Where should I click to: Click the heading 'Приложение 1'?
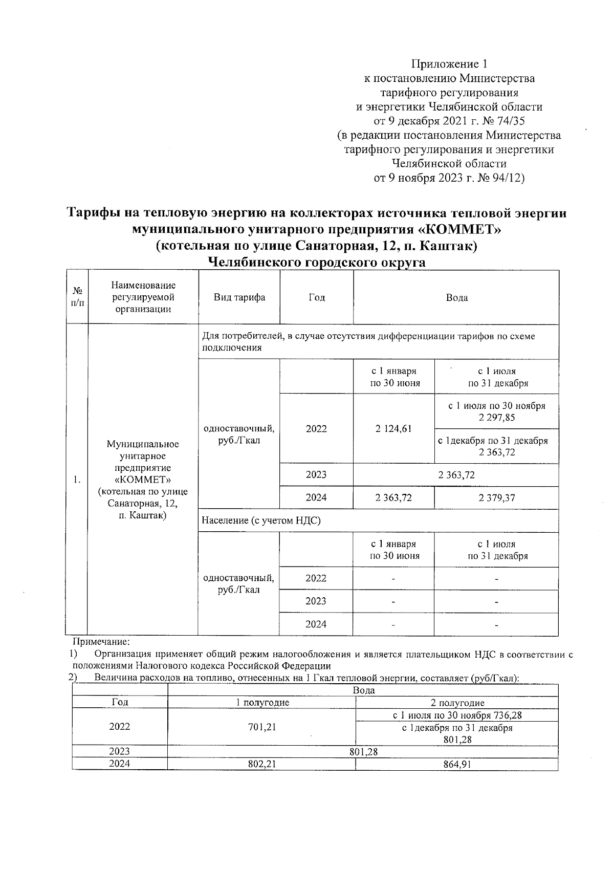click(x=449, y=64)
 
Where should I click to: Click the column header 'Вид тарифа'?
click(x=239, y=297)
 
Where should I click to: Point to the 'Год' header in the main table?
click(x=316, y=297)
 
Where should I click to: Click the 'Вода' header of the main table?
click(x=456, y=297)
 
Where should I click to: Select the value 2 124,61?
click(x=393, y=429)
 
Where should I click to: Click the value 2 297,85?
click(x=496, y=418)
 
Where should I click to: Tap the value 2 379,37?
click(x=496, y=497)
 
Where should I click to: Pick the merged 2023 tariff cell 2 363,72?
click(x=456, y=475)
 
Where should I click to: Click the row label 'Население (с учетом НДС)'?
click(x=261, y=520)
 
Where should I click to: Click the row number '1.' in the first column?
click(x=77, y=480)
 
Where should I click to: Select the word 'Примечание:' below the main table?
click(x=101, y=641)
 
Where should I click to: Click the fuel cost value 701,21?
click(x=261, y=727)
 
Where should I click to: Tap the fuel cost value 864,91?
click(x=456, y=764)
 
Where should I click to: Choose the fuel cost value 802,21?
click(x=261, y=764)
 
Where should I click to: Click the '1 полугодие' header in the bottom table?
click(x=262, y=703)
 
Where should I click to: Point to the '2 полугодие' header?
click(x=457, y=703)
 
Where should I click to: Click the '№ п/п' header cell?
click(x=77, y=297)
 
